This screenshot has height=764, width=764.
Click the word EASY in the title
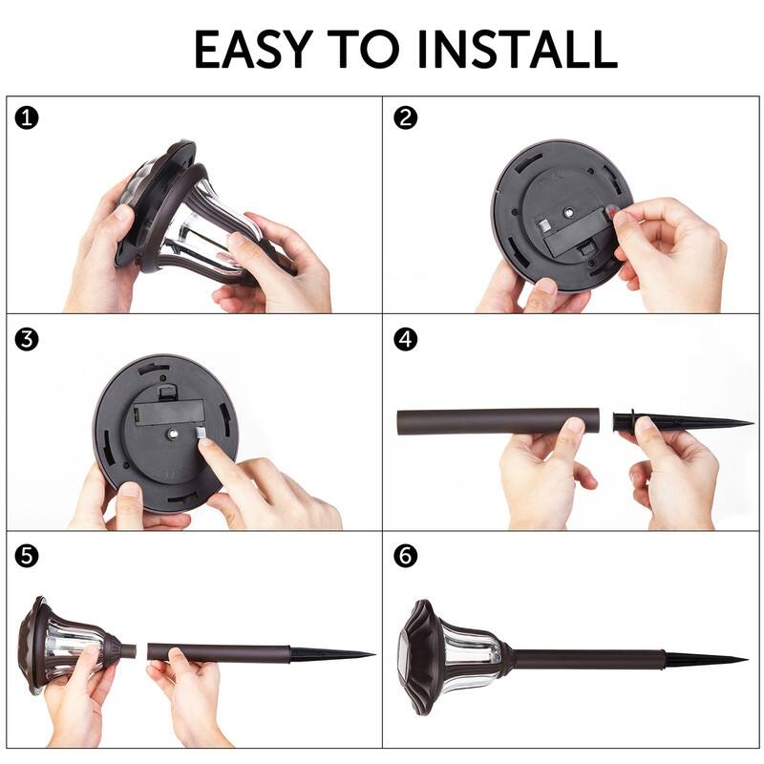tap(253, 50)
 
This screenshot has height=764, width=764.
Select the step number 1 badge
tap(27, 118)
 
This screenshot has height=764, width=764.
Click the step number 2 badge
tap(405, 117)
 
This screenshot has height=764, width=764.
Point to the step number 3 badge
tap(27, 339)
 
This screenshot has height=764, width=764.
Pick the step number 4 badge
tap(405, 339)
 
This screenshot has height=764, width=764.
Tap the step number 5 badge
tap(27, 556)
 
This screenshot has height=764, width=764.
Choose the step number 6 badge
tap(405, 556)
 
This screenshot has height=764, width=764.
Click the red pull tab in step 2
tap(611, 211)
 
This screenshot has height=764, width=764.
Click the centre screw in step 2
tap(568, 212)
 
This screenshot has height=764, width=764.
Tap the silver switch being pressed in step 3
tap(201, 433)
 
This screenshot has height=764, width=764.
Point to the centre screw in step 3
tap(172, 433)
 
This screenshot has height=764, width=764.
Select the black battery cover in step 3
tap(169, 413)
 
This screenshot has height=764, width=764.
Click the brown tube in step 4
tap(498, 421)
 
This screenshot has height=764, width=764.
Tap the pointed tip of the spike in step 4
tap(753, 422)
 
